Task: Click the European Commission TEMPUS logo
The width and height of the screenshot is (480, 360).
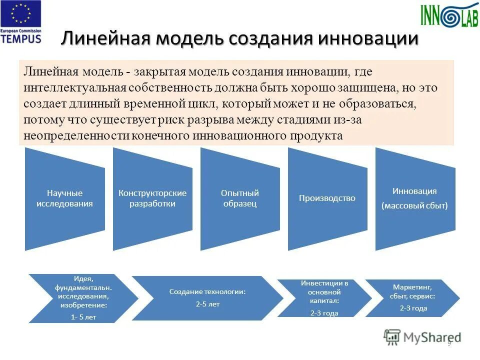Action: pos(21,22)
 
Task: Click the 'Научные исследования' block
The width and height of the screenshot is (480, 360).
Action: pos(64,198)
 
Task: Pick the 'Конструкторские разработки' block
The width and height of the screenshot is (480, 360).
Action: pos(152,198)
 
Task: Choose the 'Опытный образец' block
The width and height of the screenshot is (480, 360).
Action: pos(240,198)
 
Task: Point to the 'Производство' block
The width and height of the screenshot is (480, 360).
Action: pos(327,198)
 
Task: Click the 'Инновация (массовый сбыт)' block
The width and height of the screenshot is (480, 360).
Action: pos(414,198)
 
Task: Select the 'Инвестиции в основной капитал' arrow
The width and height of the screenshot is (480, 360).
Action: pos(324,298)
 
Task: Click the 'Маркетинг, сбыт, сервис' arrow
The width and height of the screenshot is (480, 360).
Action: pos(413,298)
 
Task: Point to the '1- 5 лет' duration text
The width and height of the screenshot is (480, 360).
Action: pos(83,316)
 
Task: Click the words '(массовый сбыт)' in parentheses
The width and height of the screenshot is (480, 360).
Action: pos(414,205)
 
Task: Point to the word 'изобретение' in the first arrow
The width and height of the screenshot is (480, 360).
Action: pos(83,304)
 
